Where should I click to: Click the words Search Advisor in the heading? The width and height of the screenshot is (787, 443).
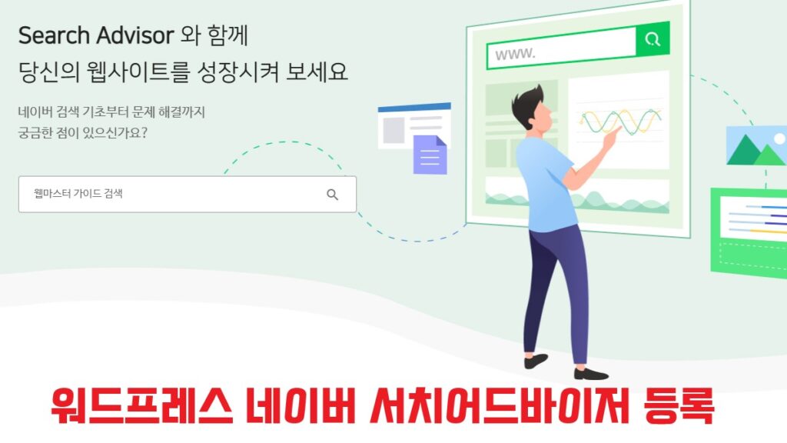(x=96, y=35)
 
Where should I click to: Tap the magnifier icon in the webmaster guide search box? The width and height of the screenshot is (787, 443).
(x=332, y=195)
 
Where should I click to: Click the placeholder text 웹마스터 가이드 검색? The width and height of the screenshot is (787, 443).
(x=78, y=193)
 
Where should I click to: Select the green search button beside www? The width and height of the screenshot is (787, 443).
(x=653, y=38)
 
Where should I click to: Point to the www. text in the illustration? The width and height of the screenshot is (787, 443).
(x=515, y=53)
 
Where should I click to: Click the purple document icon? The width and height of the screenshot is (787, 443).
(x=430, y=155)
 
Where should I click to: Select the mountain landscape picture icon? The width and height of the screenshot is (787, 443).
(x=756, y=145)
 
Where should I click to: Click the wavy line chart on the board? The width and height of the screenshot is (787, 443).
(x=620, y=122)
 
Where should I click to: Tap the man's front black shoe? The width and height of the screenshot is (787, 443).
(x=591, y=374)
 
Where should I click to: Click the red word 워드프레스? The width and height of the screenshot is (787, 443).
(x=142, y=405)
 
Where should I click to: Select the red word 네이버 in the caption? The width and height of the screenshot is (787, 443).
(x=301, y=405)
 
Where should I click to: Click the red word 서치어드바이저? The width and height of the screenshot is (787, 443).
(x=500, y=405)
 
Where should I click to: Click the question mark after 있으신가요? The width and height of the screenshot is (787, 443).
(x=144, y=133)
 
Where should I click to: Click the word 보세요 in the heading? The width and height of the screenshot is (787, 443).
(x=317, y=72)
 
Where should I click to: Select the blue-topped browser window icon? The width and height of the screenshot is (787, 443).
(x=414, y=125)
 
